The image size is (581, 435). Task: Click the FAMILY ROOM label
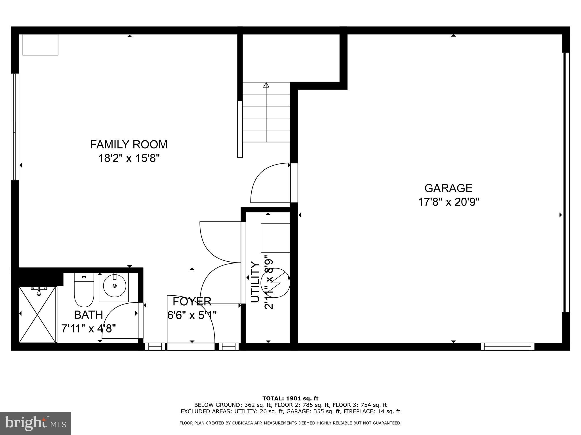(129, 144)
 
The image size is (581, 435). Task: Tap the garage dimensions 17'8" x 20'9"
(449, 202)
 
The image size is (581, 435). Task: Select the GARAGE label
(448, 188)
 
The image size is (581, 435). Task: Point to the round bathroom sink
(114, 285)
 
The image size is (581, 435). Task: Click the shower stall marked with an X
(38, 314)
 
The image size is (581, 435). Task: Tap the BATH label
(88, 315)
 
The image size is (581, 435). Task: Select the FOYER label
(192, 302)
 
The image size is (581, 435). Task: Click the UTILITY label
(255, 282)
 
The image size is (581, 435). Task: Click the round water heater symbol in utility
(277, 283)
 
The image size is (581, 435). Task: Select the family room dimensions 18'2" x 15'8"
(129, 158)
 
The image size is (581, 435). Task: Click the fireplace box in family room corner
(40, 44)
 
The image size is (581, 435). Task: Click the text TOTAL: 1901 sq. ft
(290, 398)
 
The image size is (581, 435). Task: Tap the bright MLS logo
(35, 423)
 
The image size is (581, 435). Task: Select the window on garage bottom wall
(507, 347)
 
